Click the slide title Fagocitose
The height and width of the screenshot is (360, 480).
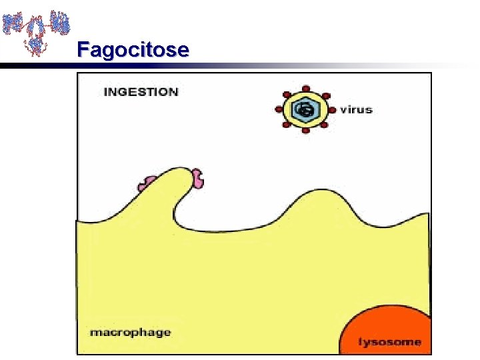133,49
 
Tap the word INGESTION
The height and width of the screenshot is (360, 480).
141,92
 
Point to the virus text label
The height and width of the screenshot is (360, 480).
356,109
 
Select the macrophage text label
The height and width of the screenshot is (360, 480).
130,332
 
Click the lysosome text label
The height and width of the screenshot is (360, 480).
390,342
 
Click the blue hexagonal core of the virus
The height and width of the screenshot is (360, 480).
305,110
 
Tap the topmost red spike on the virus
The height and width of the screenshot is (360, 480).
305,88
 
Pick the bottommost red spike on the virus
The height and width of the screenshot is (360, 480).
305,131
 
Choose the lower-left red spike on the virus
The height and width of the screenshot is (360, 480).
287,124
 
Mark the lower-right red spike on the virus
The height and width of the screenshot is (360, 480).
325,124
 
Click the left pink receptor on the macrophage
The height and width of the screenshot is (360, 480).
147,183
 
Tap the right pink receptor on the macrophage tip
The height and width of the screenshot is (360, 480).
198,178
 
